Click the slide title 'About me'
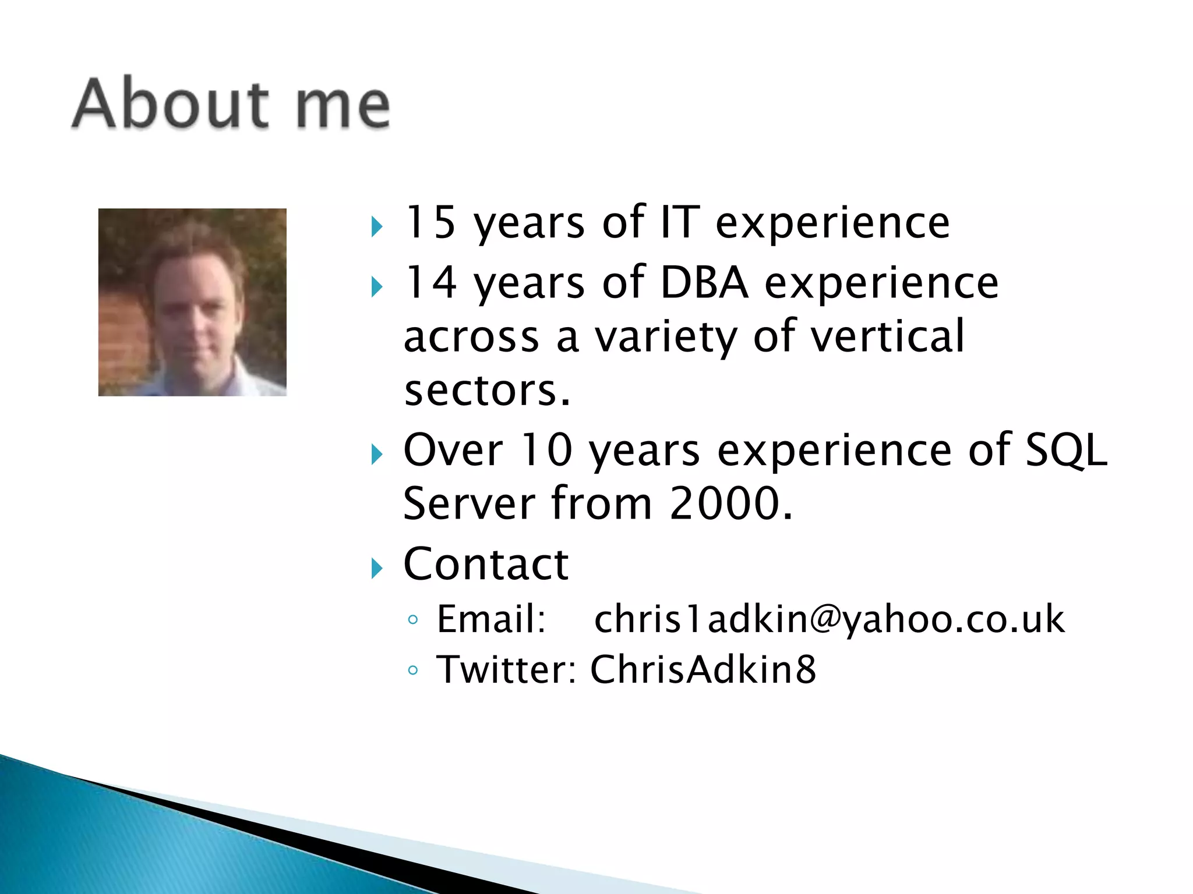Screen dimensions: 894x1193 tap(231, 104)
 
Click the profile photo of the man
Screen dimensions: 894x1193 tap(192, 302)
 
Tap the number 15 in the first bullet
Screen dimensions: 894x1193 tap(429, 222)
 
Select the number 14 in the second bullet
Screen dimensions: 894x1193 tap(429, 282)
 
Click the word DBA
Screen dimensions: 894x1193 tap(704, 282)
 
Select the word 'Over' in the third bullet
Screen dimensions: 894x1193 tap(453, 450)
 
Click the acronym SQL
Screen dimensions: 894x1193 tap(1065, 450)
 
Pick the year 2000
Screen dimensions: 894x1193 tap(730, 503)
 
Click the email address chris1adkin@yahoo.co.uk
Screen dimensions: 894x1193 tap(830, 619)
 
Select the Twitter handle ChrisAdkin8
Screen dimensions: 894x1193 tap(703, 669)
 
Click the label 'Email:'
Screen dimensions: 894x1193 tap(491, 619)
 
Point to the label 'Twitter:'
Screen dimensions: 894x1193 tap(506, 669)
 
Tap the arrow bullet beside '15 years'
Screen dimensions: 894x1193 tap(377, 226)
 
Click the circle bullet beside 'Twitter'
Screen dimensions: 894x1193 tap(413, 670)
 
